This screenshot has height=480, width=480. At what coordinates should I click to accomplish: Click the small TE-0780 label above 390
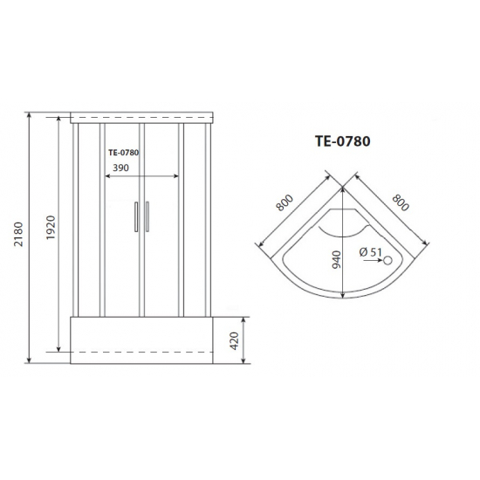(124, 152)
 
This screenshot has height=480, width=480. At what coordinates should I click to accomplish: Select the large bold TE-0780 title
(343, 140)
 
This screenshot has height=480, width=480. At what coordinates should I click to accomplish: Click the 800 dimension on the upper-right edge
(399, 202)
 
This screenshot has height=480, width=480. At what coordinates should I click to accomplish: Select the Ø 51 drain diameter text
(370, 254)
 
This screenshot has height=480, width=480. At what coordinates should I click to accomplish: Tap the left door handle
(135, 217)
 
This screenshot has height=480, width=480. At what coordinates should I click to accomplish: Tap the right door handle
(147, 217)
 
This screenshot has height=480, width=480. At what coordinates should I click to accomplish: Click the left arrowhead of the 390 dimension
(106, 175)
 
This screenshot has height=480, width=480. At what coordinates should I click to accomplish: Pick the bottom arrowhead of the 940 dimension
(342, 297)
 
